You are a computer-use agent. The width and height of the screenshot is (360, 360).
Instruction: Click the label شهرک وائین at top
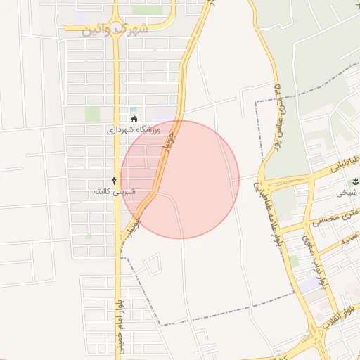coord(115,30)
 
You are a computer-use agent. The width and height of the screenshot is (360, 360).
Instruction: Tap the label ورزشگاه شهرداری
coord(134,131)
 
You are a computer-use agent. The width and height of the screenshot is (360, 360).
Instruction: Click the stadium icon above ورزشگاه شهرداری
coord(134,119)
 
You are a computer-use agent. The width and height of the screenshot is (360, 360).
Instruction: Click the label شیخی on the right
coord(347,193)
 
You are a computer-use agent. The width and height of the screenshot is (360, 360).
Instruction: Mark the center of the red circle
coord(180,179)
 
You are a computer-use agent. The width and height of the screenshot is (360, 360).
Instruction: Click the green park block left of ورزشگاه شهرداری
coord(93,113)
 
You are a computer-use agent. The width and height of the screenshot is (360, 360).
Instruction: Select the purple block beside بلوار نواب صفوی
coord(309,285)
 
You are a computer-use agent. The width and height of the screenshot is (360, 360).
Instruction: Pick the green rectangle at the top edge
coord(146,10)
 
